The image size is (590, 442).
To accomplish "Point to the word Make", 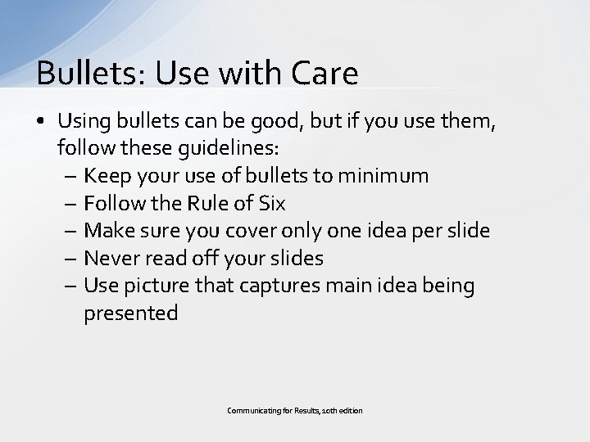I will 109,231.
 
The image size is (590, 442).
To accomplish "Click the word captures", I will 294,286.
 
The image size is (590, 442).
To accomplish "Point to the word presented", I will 130,313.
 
